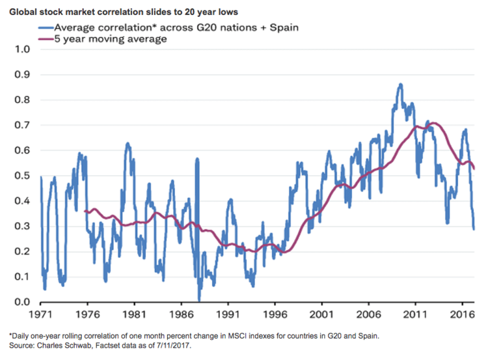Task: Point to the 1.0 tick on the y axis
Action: [x=21, y=49]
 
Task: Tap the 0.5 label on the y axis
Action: [x=21, y=176]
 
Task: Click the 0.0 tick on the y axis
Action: [x=21, y=302]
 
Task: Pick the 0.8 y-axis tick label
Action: [x=21, y=100]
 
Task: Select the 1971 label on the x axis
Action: [x=41, y=314]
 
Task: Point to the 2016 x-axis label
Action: [x=462, y=314]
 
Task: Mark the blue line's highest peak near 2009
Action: [x=400, y=84]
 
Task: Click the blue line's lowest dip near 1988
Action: [x=200, y=299]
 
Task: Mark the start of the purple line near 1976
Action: [x=85, y=211]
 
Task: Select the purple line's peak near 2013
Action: [x=433, y=123]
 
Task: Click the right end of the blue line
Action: [x=474, y=228]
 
